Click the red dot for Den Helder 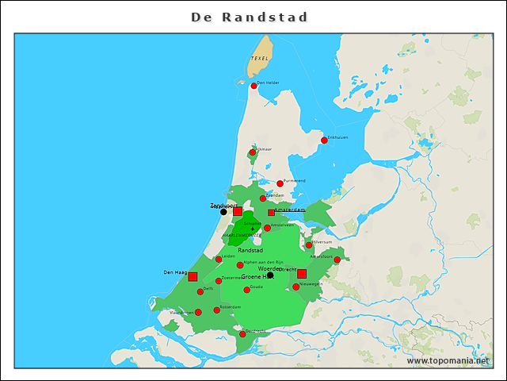point(253,86)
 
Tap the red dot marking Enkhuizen point(323,140)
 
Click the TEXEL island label point(259,59)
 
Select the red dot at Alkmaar point(253,152)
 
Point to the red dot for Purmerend point(280,183)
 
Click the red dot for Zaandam point(263,198)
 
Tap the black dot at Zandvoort point(223,212)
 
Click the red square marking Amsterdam point(271,213)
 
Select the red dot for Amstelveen point(267,228)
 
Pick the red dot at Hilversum point(309,244)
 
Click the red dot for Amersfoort point(337,260)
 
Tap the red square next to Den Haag point(193,276)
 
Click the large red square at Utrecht point(302,274)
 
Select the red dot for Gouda point(246,290)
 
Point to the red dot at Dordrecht point(242,334)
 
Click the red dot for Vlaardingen point(198,312)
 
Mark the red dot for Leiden point(219,259)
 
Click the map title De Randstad point(250,17)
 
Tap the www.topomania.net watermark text point(448,360)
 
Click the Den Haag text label point(173,272)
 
